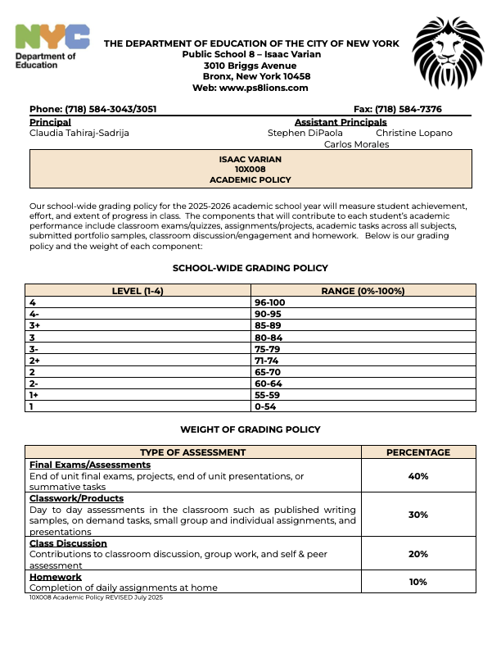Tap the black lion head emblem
point(449,56)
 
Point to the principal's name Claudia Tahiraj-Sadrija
point(79,133)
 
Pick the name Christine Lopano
point(413,133)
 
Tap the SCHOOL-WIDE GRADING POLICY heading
point(250,268)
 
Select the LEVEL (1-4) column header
point(140,291)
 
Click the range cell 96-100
point(270,302)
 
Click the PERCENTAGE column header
point(417,452)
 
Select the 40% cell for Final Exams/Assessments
point(417,476)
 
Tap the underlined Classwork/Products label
point(76,498)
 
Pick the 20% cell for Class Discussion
point(417,554)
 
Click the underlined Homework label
point(56,577)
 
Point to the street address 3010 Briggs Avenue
point(250,65)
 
